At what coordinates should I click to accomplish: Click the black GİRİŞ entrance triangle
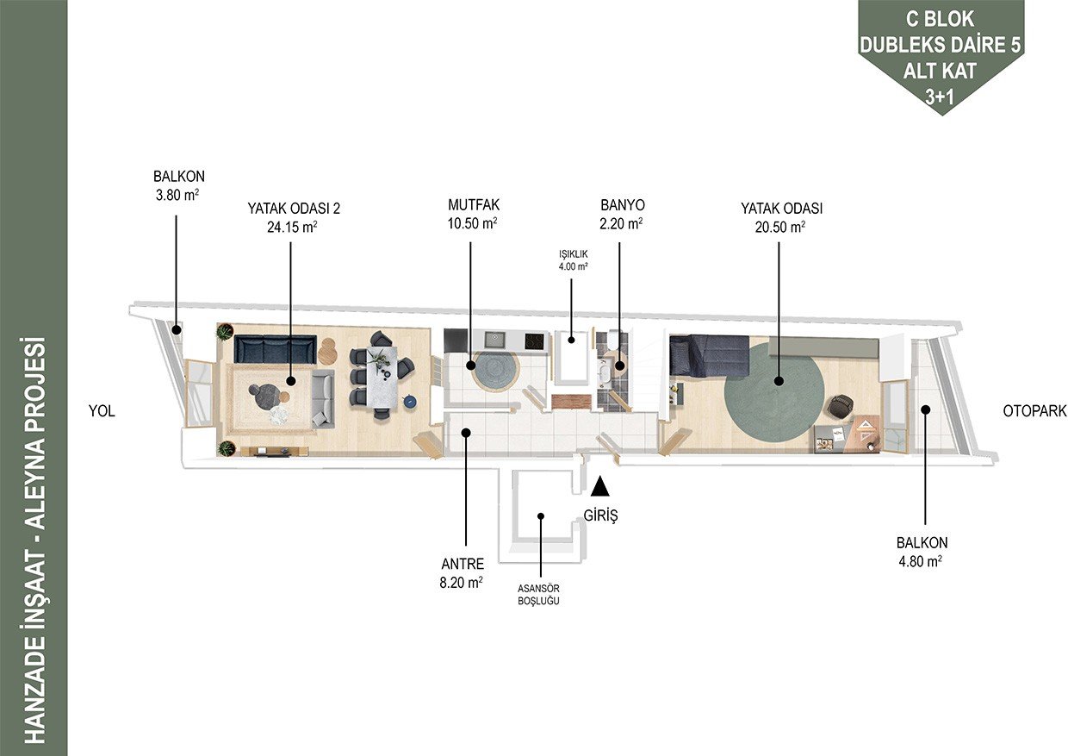(x=600, y=487)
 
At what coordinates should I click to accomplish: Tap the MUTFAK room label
(x=474, y=205)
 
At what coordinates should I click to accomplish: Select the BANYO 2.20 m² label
(x=622, y=214)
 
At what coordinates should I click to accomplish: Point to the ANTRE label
(x=463, y=564)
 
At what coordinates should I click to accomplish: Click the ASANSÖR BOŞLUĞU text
(x=539, y=595)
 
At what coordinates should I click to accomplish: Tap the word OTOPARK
(x=1034, y=411)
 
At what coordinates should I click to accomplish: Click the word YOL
(x=102, y=411)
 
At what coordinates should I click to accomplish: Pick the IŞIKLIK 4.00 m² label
(x=573, y=260)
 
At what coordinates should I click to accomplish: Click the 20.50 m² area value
(x=780, y=228)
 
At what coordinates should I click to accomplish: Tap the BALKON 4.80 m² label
(x=922, y=552)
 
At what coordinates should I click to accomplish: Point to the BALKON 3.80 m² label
(x=178, y=185)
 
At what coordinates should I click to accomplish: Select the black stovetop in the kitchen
(x=534, y=341)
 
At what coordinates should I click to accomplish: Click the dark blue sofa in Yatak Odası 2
(x=276, y=350)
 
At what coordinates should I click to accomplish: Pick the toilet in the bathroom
(x=613, y=340)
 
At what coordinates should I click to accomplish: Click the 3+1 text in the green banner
(x=940, y=97)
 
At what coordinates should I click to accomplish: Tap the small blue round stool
(x=409, y=402)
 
